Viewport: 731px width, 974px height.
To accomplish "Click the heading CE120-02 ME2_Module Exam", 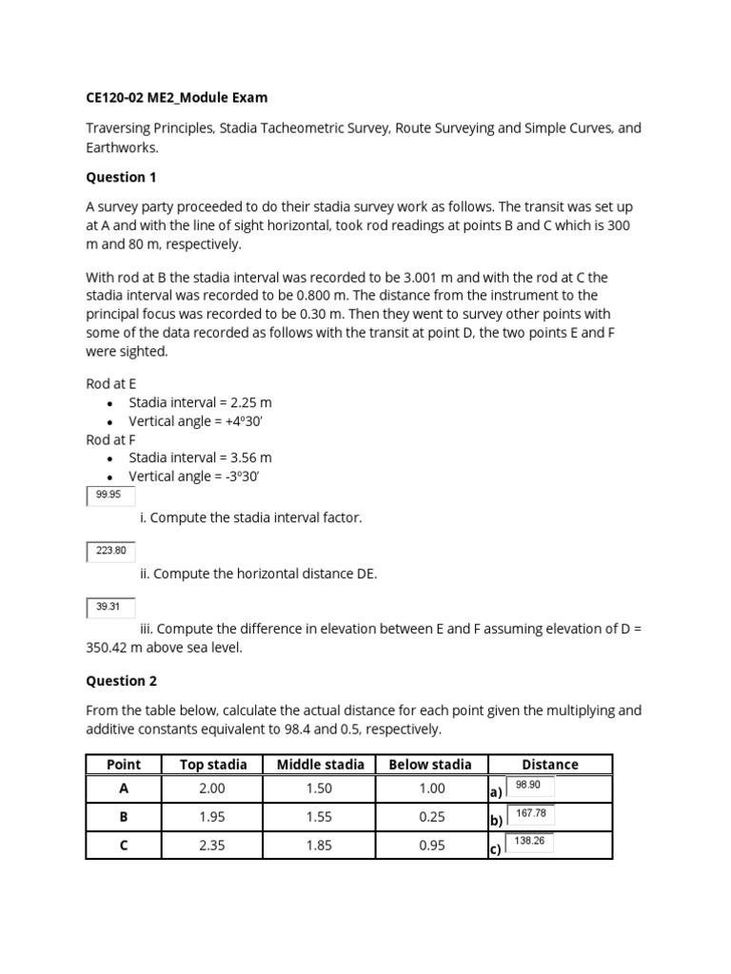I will tap(177, 97).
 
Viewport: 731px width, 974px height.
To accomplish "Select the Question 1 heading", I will tap(122, 177).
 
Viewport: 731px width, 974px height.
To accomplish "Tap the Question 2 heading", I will tap(122, 681).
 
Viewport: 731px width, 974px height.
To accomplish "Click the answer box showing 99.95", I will tap(110, 496).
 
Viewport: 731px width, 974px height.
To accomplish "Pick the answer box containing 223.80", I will tap(110, 551).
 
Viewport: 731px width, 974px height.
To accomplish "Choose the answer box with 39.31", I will tap(110, 607).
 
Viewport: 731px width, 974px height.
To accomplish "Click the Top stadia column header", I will tap(213, 764).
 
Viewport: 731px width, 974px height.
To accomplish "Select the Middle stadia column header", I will tap(320, 764).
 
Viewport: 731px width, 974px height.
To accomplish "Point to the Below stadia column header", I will tap(430, 764).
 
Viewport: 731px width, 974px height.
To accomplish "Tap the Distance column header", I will tap(549, 764).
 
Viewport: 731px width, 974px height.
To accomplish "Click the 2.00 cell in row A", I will tap(213, 789).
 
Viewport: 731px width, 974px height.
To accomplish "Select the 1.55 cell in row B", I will tap(320, 817).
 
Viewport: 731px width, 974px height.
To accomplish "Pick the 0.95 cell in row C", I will tap(430, 845).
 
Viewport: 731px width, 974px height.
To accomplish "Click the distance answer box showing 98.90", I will tap(529, 787).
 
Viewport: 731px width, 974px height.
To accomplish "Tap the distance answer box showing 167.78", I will tap(529, 814).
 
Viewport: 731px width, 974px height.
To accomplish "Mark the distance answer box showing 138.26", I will tap(529, 842).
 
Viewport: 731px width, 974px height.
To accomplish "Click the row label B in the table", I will tap(124, 817).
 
